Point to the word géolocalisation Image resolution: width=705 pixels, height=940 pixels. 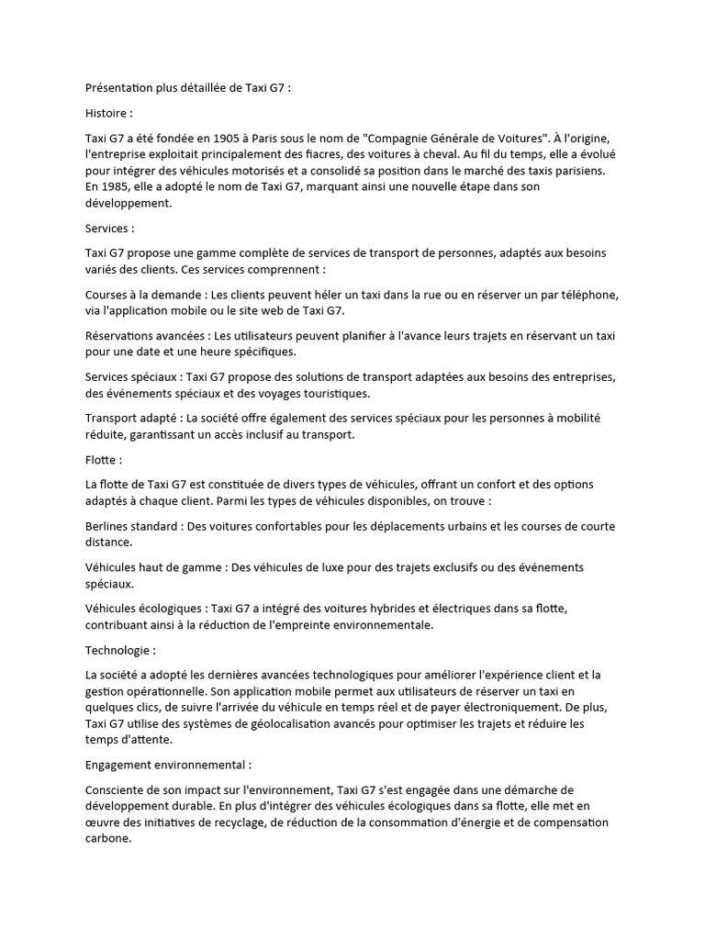[308, 725]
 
